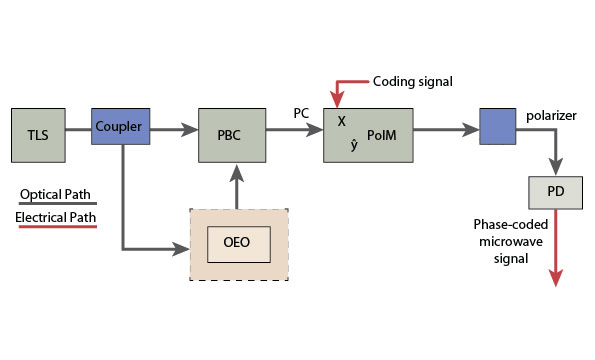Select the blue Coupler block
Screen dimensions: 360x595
123,128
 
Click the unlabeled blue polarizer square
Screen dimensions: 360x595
498,129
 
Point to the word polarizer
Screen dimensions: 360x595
552,116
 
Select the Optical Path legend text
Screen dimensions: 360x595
56,193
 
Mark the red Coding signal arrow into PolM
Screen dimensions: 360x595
340,92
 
